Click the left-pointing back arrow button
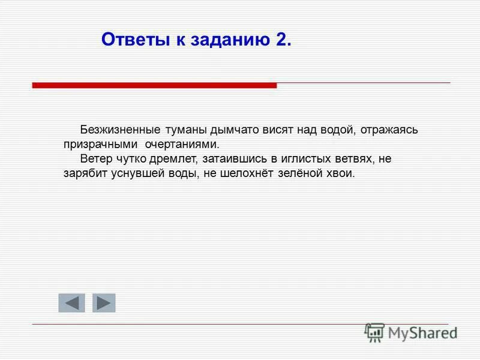[x=71, y=303]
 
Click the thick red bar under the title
[x=154, y=86]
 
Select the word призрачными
[x=101, y=145]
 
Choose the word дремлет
[x=172, y=160]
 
